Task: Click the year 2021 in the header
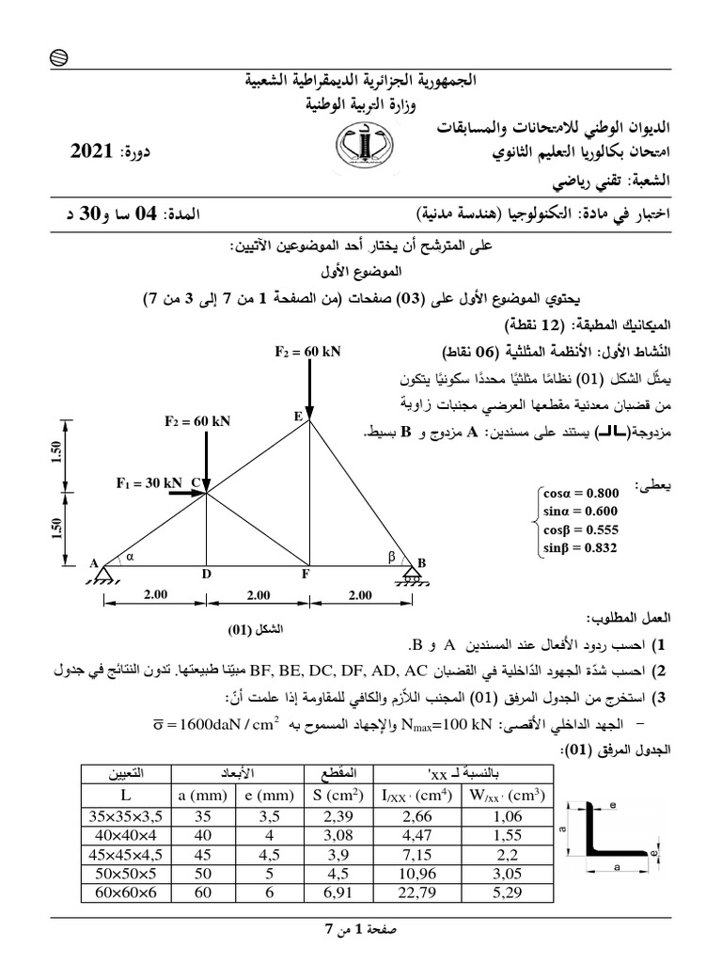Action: click(x=92, y=150)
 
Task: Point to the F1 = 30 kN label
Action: click(x=149, y=483)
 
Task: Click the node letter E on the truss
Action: click(x=298, y=415)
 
